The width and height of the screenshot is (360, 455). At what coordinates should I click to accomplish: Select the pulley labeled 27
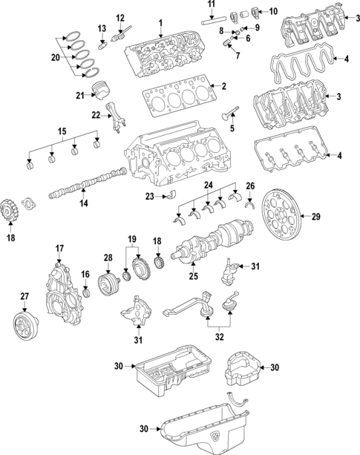pyautogui.click(x=24, y=324)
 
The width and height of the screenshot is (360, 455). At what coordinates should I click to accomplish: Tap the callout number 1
pyautogui.click(x=160, y=23)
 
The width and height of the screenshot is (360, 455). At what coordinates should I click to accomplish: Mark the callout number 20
pyautogui.click(x=56, y=56)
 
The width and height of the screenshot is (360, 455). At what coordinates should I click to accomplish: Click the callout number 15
pyautogui.click(x=62, y=132)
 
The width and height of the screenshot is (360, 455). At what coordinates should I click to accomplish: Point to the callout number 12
pyautogui.click(x=120, y=17)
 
